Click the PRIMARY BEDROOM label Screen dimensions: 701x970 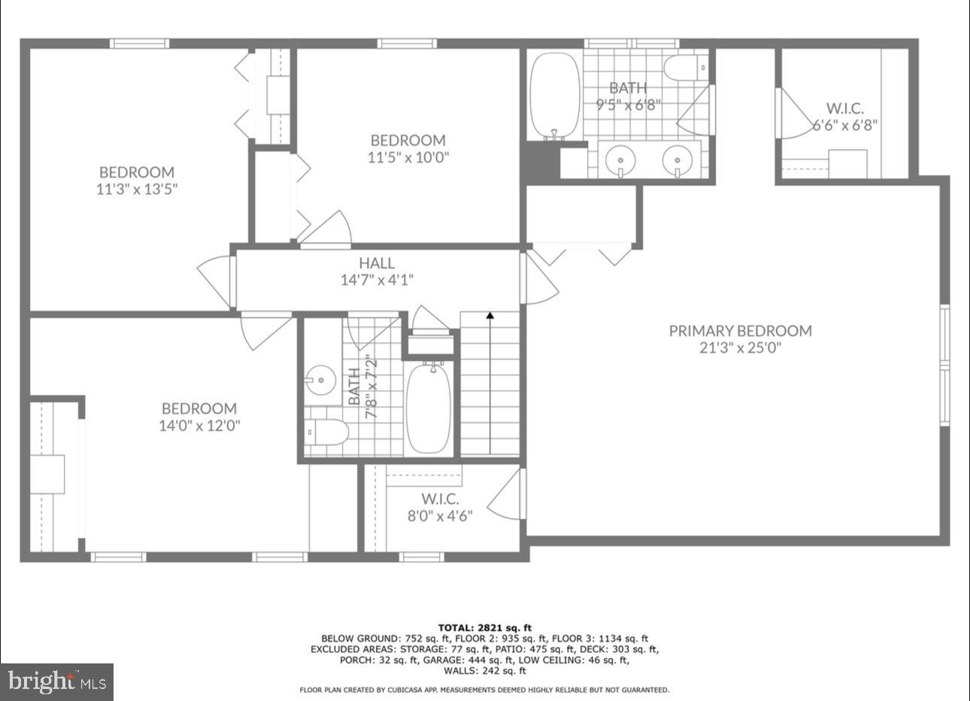point(740,331)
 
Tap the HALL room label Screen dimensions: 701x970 point(376,263)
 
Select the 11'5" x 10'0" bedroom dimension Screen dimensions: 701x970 point(408,157)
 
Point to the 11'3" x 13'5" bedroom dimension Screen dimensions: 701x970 point(136,189)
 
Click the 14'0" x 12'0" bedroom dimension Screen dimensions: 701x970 point(200,426)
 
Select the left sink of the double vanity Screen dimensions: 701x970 point(620,159)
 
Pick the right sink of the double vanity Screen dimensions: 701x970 point(677,159)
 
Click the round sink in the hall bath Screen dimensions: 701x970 point(321,379)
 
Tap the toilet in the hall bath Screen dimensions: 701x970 point(329,432)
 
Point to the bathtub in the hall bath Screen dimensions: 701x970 point(429,407)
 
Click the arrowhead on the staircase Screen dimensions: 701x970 point(490,317)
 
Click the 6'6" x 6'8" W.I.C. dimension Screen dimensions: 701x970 point(844,125)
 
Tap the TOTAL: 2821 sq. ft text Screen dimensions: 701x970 point(485,627)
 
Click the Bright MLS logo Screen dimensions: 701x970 point(57,681)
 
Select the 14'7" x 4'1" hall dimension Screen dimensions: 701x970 point(376,280)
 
